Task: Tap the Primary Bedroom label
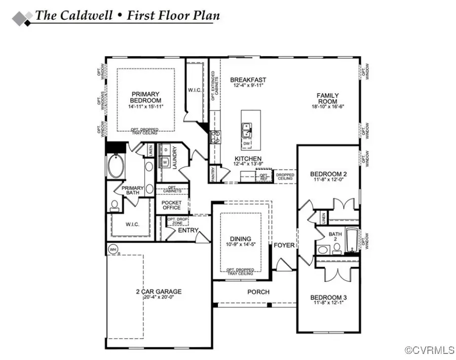click(145, 97)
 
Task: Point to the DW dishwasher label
click(247, 144)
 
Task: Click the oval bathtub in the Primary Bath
click(116, 166)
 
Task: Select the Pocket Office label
click(171, 205)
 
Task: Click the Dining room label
click(241, 239)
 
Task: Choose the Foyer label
click(284, 245)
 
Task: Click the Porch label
click(258, 292)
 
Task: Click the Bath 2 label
click(335, 237)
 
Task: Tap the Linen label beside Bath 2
click(323, 218)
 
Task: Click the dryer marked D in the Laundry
click(165, 151)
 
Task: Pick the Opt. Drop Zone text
click(177, 222)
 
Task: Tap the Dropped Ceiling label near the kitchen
click(285, 176)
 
